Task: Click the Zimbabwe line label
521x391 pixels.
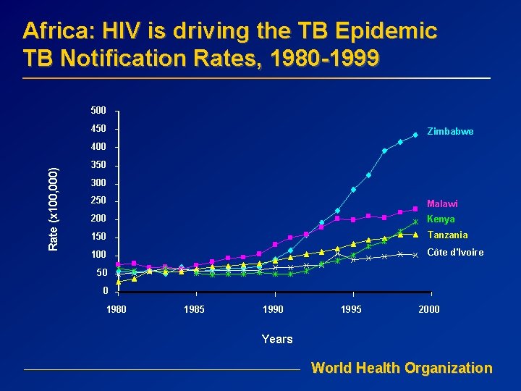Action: [450, 132]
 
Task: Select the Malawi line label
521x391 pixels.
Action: [442, 204]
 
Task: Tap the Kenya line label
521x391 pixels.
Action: [441, 219]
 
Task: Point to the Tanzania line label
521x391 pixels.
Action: [447, 235]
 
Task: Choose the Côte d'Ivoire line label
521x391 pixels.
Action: [455, 252]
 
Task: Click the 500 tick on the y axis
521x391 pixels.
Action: [98, 111]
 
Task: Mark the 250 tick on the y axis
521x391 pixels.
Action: [98, 201]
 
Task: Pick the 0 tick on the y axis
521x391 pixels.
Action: [106, 291]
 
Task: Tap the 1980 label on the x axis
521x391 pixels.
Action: [117, 310]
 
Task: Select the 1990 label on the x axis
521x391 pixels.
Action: [273, 310]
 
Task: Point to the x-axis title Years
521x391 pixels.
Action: [277, 339]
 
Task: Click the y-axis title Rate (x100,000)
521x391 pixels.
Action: [53, 209]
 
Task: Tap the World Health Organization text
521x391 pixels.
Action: [402, 368]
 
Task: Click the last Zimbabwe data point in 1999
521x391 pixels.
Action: [416, 135]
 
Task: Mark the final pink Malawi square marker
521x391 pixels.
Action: [416, 209]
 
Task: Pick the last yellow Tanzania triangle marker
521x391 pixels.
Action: [416, 235]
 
